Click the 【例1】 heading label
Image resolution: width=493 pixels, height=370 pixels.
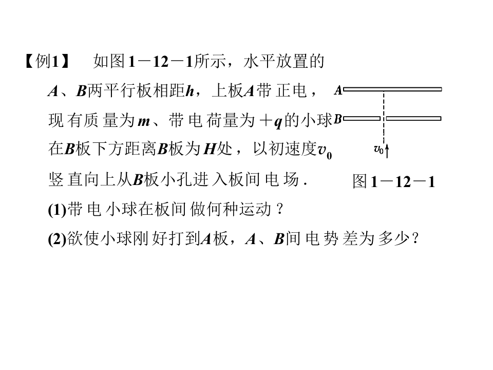[47, 62]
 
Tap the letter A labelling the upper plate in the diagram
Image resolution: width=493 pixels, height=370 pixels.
[338, 90]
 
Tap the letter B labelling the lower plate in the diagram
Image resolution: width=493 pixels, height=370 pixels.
[338, 119]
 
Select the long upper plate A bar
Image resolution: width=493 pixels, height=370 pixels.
[393, 89]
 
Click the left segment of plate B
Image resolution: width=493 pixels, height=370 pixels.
[362, 119]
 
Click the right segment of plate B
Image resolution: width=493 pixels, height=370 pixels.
[413, 119]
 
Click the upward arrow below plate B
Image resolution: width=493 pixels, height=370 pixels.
[387, 150]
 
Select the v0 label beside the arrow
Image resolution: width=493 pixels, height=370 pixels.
[378, 150]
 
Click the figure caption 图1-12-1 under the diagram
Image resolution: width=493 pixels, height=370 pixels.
[394, 181]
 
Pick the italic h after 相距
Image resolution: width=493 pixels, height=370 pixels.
[190, 91]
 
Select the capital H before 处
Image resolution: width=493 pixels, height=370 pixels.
[210, 150]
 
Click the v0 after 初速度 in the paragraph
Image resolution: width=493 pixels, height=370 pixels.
[324, 151]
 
